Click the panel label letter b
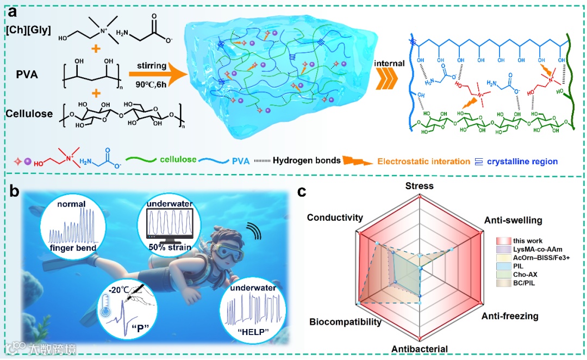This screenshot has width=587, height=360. pyautogui.click(x=16, y=193)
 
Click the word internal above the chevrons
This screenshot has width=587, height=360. pyautogui.click(x=390, y=63)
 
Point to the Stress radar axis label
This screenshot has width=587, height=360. pyautogui.click(x=420, y=186)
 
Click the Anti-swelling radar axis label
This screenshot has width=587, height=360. pyautogui.click(x=513, y=220)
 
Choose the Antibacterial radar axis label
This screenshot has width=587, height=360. pyautogui.click(x=420, y=349)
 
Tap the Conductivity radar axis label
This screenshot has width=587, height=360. pyautogui.click(x=334, y=218)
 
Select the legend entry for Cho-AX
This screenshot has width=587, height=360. pyautogui.click(x=525, y=275)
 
